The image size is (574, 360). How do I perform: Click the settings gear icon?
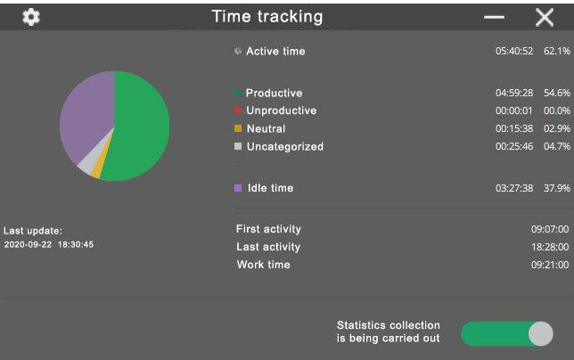click(31, 17)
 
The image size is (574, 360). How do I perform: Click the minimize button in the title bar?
click(494, 17)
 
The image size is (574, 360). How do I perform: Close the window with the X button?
click(545, 18)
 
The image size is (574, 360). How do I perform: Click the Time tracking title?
click(267, 17)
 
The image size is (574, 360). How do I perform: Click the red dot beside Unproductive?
click(238, 110)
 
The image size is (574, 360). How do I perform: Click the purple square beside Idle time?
click(238, 188)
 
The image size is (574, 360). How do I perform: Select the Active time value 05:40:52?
click(514, 51)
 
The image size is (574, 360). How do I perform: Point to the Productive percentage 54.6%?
click(557, 93)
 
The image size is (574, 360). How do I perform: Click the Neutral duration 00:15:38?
click(514, 129)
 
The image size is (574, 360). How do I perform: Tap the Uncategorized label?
click(285, 147)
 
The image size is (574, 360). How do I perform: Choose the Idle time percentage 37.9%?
click(557, 188)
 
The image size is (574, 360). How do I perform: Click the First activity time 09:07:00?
click(550, 229)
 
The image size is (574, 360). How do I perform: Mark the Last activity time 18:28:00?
click(550, 247)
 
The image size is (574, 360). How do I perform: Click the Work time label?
click(264, 265)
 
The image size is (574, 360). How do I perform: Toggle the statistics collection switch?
click(507, 333)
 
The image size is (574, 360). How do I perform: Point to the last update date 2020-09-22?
click(28, 244)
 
